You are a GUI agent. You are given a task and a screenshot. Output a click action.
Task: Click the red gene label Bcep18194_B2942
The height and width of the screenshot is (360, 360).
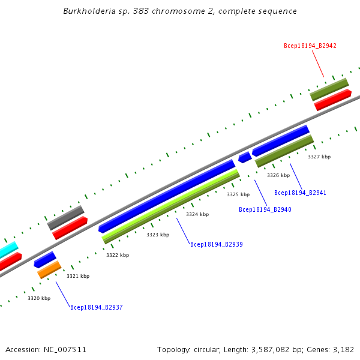tap(310, 46)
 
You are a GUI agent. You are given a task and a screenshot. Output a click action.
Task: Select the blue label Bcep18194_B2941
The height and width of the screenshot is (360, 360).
tap(300, 193)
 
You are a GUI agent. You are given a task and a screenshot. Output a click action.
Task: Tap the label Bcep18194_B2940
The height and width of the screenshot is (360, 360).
tap(265, 209)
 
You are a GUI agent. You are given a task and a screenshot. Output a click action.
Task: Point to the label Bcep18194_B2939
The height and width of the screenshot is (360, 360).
tap(216, 244)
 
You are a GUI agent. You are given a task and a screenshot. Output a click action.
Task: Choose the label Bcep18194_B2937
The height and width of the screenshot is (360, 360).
tap(96, 307)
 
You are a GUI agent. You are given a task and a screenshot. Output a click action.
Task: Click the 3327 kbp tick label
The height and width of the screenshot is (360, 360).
tap(319, 157)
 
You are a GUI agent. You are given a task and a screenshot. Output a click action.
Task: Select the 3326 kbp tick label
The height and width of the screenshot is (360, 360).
tap(278, 175)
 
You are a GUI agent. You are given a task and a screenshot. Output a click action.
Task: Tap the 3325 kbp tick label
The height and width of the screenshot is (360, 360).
tap(238, 194)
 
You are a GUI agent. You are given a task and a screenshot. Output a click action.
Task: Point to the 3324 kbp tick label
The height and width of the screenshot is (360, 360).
tap(197, 214)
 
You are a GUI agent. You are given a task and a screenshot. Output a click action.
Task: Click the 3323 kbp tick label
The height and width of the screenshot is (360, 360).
tap(158, 235)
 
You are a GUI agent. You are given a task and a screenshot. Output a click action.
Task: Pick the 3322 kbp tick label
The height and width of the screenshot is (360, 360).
tap(118, 255)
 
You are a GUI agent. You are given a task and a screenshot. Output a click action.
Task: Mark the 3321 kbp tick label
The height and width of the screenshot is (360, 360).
tap(78, 276)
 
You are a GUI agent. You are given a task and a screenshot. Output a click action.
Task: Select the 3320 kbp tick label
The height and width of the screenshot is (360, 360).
tap(39, 298)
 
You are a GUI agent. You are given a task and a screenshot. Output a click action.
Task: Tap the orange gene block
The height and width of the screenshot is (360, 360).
tap(49, 269)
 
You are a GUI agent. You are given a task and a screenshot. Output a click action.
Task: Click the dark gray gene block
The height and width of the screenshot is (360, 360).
tap(65, 217)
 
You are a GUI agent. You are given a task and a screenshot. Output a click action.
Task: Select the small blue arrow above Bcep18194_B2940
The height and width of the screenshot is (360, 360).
tap(244, 157)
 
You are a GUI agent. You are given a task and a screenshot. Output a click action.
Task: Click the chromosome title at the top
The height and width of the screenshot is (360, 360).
tap(180, 11)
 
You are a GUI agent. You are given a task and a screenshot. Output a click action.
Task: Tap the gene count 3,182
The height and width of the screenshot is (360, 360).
tap(343, 349)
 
